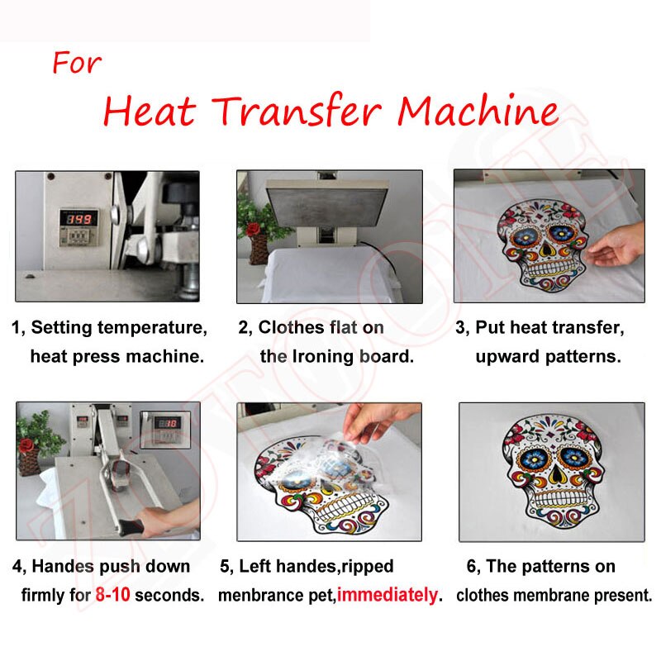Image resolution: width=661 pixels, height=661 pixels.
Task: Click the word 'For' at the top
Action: pyautogui.click(x=77, y=63)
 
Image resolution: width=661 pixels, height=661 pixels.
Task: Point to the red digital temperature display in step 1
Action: pyautogui.click(x=78, y=219)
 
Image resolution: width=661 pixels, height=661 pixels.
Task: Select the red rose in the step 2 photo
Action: pyautogui.click(x=253, y=229)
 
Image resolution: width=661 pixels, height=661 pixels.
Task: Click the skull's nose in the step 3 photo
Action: pyautogui.click(x=547, y=250)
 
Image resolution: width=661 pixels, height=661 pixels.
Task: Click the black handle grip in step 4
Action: pyautogui.click(x=131, y=527)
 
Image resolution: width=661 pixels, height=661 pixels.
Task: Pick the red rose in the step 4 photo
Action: pyautogui.click(x=27, y=445)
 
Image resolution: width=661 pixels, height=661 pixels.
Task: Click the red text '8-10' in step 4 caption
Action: pyautogui.click(x=112, y=595)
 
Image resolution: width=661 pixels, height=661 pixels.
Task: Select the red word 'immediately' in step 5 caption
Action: pyautogui.click(x=387, y=595)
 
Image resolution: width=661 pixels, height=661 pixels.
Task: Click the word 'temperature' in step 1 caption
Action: pyautogui.click(x=153, y=328)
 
